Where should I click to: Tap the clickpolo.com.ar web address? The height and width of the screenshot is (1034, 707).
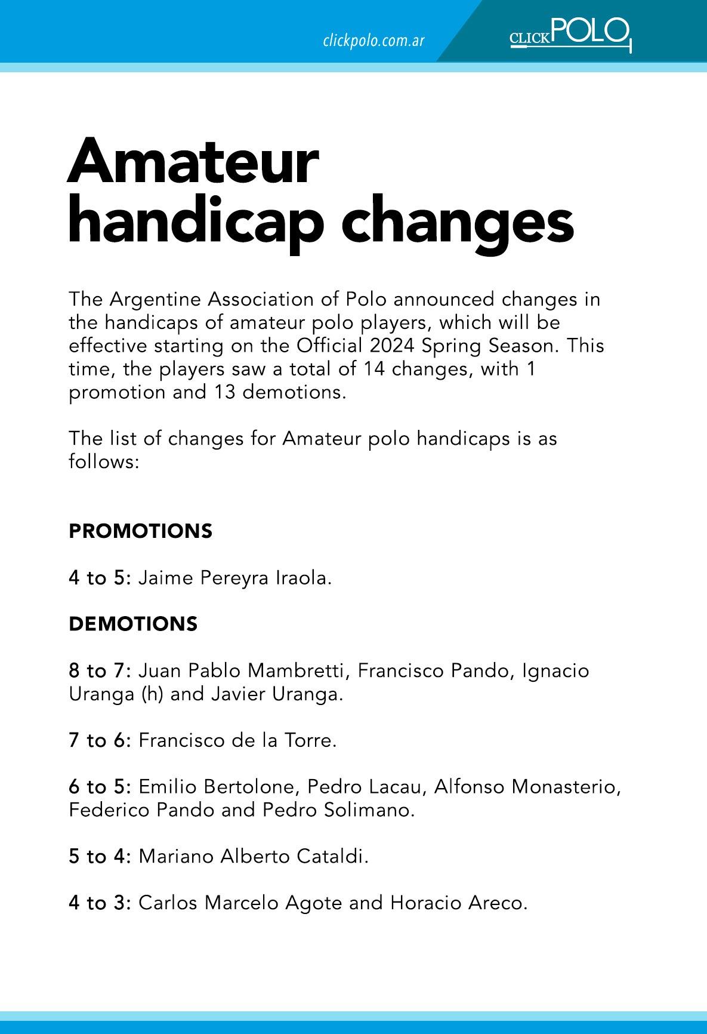click(373, 41)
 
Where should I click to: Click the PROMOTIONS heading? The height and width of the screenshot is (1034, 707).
click(140, 531)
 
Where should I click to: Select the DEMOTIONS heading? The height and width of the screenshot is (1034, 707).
click(133, 624)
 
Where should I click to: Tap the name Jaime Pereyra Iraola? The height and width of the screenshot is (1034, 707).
click(234, 578)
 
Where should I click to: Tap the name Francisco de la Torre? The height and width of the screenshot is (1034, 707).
click(237, 740)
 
